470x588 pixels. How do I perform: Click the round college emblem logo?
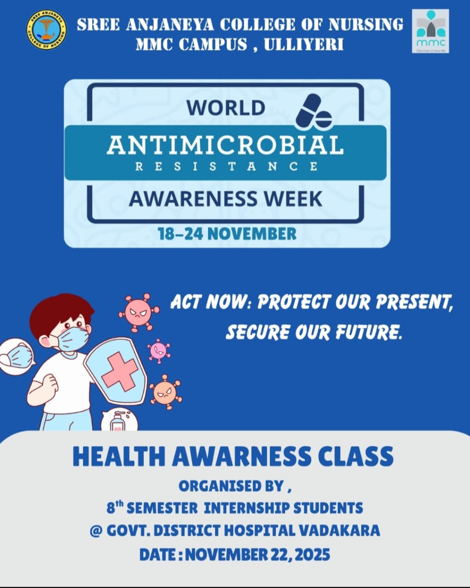(46, 31)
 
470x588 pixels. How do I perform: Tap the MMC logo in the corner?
(430, 31)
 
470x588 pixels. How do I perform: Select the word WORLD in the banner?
(225, 107)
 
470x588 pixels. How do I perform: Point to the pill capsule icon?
(313, 112)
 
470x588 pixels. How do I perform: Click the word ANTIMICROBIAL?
(225, 145)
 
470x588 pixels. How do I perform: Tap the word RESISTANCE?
(226, 166)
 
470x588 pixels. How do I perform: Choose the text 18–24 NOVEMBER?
(227, 234)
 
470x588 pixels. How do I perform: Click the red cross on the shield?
(119, 371)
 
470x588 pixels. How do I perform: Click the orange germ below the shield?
(165, 391)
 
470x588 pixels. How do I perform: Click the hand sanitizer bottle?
(118, 420)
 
